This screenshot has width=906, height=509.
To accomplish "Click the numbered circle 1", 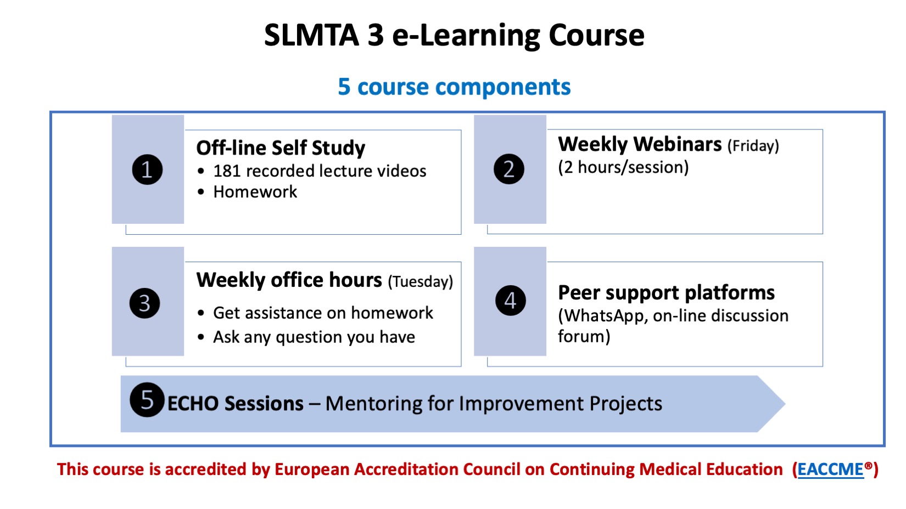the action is click(147, 169).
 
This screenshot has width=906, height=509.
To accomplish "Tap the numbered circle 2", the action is click(509, 169).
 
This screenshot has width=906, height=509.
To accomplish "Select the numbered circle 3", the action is click(145, 303).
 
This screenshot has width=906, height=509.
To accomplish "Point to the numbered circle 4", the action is click(511, 301).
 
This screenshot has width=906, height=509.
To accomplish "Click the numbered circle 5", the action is click(147, 399).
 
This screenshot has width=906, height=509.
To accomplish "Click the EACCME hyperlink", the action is click(830, 470).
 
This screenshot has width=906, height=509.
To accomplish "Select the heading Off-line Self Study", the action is click(281, 148).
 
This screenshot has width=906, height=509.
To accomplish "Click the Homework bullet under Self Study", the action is click(255, 192).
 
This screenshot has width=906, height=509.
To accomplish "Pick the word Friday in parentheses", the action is click(753, 145).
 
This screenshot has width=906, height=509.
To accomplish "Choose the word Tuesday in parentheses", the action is click(420, 281).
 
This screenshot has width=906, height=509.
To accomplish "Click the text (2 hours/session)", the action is click(623, 167).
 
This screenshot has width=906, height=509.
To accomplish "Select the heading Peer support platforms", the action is click(666, 292).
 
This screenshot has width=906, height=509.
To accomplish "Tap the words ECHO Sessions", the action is click(236, 404).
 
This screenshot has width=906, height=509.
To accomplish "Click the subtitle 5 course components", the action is click(454, 87).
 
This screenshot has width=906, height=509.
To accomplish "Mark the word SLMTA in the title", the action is click(311, 35).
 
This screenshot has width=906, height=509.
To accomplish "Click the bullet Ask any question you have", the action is click(314, 337).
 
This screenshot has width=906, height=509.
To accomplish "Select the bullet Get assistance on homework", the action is click(323, 313).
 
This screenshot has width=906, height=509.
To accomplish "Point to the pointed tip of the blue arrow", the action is click(785, 404).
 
